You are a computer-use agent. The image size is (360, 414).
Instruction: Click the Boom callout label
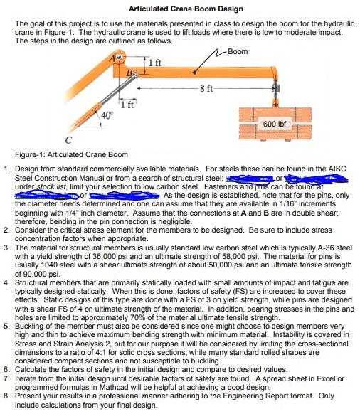coord(238,51)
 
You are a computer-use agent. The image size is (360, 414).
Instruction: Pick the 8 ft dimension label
coord(203,88)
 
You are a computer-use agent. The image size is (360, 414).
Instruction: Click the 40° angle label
coord(107,116)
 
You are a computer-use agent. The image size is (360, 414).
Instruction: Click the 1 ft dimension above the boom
coord(156,64)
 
